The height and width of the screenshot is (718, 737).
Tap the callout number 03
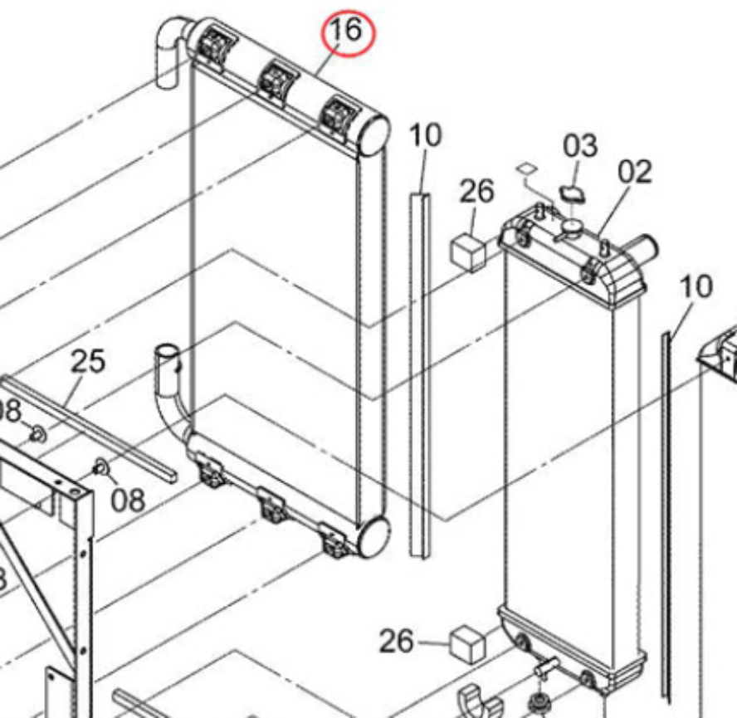click(580, 146)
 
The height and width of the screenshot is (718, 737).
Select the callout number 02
click(634, 173)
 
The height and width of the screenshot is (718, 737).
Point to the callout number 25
click(88, 362)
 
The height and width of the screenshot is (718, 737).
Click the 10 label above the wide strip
click(426, 136)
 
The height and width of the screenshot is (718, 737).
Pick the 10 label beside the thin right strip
click(696, 287)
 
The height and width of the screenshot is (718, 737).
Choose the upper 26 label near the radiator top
click(476, 192)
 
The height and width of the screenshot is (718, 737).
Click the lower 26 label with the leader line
click(397, 642)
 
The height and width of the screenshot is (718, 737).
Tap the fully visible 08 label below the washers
click(128, 501)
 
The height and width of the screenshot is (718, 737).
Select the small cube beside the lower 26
click(468, 643)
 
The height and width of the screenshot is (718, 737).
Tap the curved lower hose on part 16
click(173, 398)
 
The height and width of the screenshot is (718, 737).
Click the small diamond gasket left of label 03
click(524, 169)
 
